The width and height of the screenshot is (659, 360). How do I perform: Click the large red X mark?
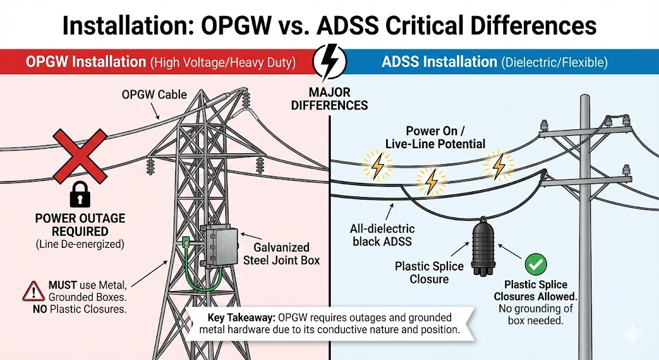[80, 156]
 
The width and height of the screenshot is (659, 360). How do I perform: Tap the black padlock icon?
[80, 194]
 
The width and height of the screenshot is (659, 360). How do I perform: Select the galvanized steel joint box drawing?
[219, 246]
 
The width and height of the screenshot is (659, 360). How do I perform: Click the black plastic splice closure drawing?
[483, 249]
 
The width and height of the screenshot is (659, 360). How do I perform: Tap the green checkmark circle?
[536, 265]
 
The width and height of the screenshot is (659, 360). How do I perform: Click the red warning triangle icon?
[33, 291]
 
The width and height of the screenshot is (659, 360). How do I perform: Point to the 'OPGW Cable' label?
[154, 95]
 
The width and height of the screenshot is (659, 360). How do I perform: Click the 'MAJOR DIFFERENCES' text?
[329, 99]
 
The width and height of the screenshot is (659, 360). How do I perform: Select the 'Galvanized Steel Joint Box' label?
[282, 254]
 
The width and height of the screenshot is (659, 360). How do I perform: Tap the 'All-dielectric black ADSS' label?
[382, 235]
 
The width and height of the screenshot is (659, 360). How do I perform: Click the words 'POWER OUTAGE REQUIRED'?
[80, 225]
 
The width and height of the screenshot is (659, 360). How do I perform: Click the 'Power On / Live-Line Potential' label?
[436, 138]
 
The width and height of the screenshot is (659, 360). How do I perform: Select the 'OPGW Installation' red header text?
[86, 62]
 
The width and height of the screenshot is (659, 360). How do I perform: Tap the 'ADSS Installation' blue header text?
[439, 62]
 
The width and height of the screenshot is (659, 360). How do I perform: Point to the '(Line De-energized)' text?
[80, 244]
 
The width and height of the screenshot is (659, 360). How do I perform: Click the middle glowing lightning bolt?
[432, 182]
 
